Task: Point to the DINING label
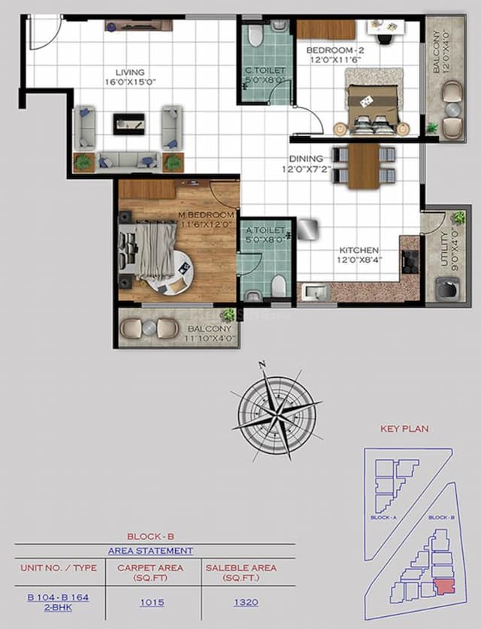click(x=307, y=159)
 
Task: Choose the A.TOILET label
click(x=265, y=231)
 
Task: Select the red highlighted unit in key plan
click(x=445, y=585)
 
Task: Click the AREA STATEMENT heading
click(x=150, y=551)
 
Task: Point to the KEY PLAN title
click(x=404, y=429)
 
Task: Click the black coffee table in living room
click(x=129, y=123)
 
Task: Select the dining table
click(x=364, y=165)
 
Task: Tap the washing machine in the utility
click(x=448, y=289)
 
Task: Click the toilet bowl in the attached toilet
click(x=278, y=285)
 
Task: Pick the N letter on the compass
click(x=262, y=366)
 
